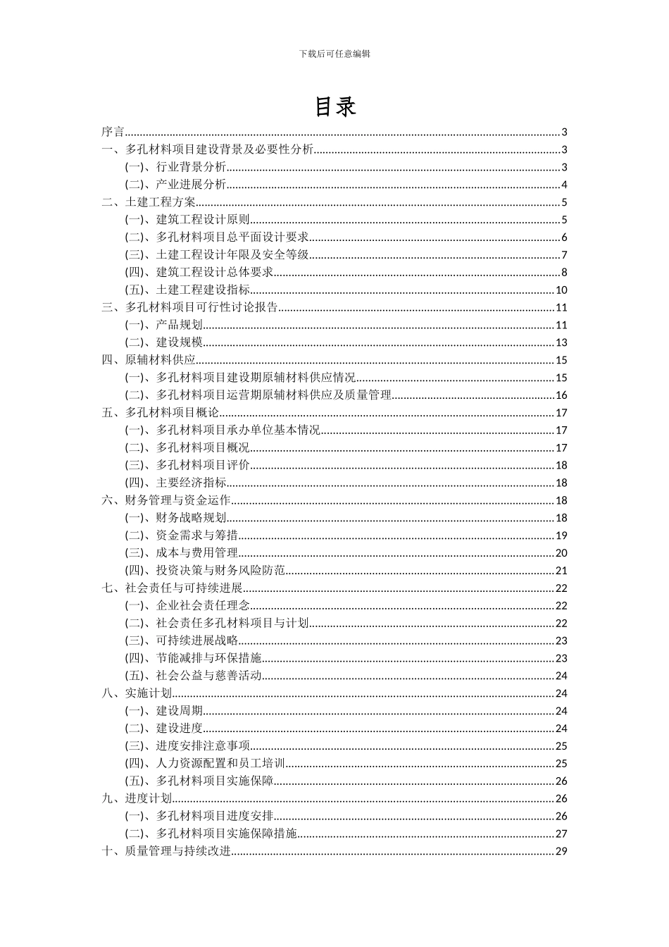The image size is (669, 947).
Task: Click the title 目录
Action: pos(334,106)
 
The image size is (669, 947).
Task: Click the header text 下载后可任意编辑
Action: pos(334,54)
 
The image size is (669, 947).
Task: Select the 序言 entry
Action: pos(113,132)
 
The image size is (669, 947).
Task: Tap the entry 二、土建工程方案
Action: pos(149,202)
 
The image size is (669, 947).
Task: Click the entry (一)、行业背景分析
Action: pos(176,168)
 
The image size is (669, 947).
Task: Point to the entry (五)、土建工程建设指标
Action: pos(187,290)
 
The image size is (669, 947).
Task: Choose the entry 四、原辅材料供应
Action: pos(149,360)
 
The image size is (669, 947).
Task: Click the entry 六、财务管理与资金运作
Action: pos(166,500)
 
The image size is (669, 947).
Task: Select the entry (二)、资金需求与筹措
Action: pos(182,536)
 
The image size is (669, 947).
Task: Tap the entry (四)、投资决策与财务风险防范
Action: pos(205,571)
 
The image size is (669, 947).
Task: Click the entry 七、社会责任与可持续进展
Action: pos(172,588)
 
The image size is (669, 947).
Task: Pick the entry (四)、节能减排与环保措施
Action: pos(194,658)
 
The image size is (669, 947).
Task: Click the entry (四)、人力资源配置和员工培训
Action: pos(205,764)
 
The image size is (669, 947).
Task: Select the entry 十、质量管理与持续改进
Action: pos(166,851)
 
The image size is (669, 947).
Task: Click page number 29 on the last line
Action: pos(561,851)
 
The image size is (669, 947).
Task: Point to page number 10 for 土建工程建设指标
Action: pos(561,290)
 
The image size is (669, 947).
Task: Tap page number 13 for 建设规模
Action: pos(561,343)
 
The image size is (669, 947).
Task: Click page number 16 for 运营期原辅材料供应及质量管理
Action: pos(561,395)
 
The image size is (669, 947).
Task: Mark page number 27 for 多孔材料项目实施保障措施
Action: pos(561,834)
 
